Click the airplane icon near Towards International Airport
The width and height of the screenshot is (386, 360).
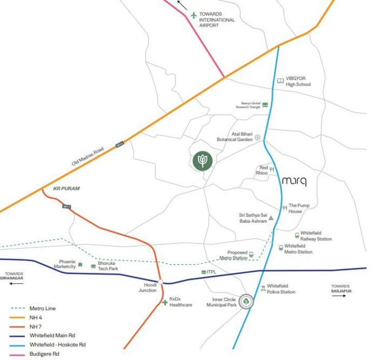coord(194,15)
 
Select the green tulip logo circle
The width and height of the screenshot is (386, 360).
coord(203,161)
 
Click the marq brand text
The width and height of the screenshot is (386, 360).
coord(295,181)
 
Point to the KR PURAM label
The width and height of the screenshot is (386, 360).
coord(67,189)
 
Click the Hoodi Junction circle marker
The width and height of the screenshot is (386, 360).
coord(161,282)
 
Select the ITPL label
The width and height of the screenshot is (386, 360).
coord(211,272)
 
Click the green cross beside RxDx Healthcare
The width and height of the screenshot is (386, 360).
coord(165,302)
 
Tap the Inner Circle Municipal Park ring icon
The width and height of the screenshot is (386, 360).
coord(247,301)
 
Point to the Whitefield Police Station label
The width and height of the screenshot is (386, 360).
coord(281,289)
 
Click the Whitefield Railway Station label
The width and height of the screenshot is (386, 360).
coord(316,236)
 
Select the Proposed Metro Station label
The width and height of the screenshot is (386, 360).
coord(233,255)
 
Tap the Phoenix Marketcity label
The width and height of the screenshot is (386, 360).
coord(64,264)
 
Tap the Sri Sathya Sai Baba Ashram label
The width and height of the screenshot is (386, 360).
coord(252,218)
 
